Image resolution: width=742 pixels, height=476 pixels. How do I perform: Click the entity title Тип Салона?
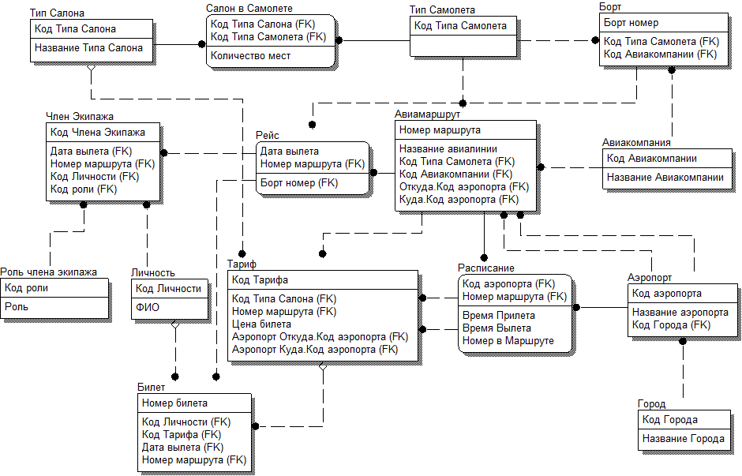pos(57,13)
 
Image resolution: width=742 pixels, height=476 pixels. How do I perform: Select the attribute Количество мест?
pos(250,56)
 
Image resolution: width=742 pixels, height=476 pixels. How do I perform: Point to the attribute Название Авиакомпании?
pos(665,178)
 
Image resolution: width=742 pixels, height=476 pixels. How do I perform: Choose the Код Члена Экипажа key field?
pos(98,132)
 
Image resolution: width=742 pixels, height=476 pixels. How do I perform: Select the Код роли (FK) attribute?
pos(84,189)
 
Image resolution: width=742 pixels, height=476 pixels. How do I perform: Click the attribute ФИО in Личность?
pos(147,307)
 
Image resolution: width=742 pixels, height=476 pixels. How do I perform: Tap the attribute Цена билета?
pos(261,324)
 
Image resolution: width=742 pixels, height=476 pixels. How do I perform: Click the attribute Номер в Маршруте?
pos(508,341)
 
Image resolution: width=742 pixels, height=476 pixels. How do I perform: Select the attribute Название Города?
pos(684,439)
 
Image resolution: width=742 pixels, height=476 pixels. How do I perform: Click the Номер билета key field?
pos(174,403)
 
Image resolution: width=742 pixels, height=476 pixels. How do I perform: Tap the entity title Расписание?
pos(486,268)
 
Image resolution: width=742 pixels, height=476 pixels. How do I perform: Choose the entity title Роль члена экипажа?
pos(49,272)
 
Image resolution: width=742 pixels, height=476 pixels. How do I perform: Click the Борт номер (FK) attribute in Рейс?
pos(299,183)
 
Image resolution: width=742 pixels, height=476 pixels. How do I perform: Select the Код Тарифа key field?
pos(260,280)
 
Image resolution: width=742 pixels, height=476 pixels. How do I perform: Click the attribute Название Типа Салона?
pos(88,47)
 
